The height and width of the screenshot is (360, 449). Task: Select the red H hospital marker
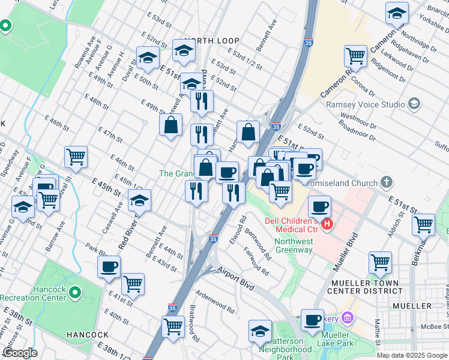327,224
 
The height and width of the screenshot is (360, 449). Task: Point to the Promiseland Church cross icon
387,181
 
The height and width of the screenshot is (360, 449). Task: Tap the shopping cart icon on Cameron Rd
355,56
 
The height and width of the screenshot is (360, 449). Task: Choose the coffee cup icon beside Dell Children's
319,206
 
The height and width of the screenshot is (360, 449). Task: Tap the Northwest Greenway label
294,246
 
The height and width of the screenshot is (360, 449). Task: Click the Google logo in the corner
19,353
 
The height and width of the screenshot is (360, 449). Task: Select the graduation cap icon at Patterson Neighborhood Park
260,330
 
